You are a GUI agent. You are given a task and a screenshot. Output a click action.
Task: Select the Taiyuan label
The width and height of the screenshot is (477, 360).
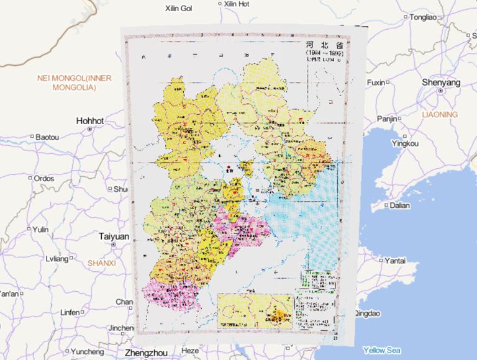tap(114, 236)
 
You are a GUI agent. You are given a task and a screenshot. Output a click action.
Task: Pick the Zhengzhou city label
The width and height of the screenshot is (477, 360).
tap(148, 353)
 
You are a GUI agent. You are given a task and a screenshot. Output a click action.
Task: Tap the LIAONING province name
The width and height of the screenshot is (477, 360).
tap(439, 115)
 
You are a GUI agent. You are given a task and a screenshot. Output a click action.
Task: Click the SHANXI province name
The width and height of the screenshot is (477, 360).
tap(102, 263)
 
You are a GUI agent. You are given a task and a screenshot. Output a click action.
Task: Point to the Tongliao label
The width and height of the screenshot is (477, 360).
tap(427, 17)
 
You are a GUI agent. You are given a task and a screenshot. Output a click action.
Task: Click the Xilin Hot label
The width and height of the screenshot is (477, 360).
tap(236, 4)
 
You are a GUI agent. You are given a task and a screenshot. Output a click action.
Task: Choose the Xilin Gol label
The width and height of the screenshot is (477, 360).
tap(178, 8)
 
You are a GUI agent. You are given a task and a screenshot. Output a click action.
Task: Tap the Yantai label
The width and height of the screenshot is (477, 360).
tap(397, 260)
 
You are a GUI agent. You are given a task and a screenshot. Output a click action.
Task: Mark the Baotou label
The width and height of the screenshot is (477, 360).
tap(47, 137)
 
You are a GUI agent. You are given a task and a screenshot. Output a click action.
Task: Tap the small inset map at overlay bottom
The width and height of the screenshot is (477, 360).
tap(254, 312)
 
